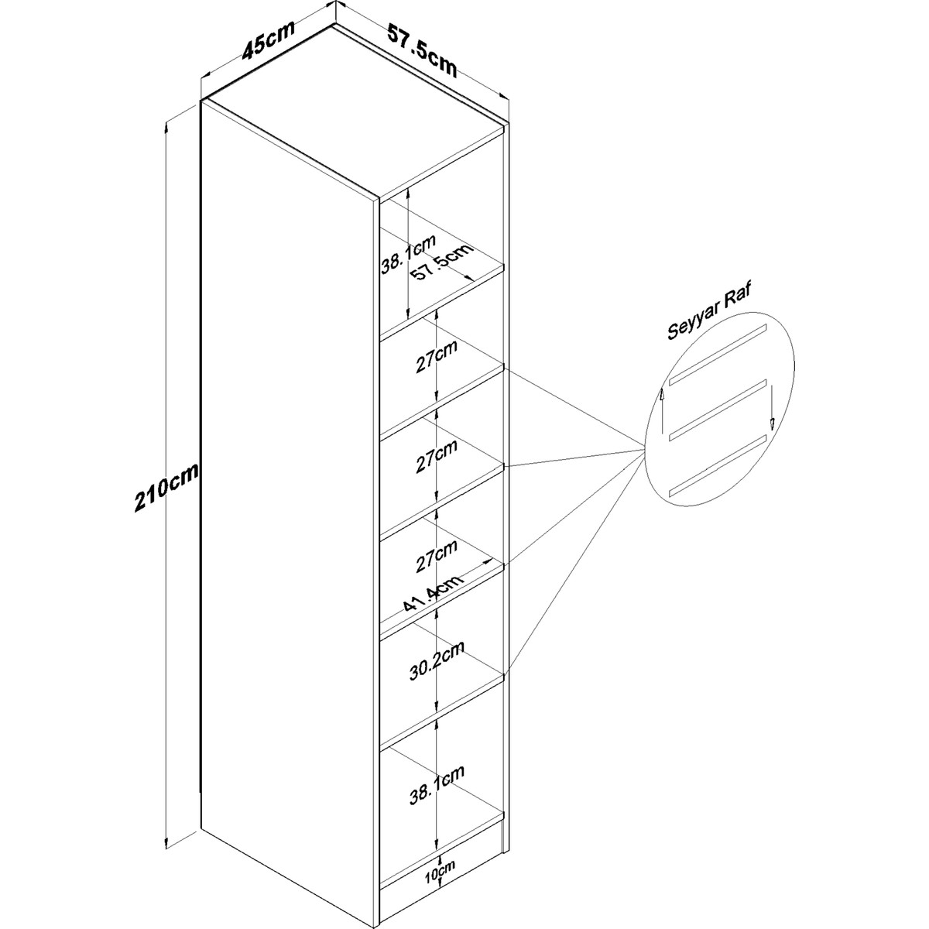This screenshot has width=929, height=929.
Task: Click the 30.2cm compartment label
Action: (x=437, y=660)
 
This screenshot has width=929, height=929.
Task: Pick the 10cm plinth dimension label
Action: (x=440, y=882)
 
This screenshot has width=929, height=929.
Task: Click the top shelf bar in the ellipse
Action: (x=718, y=351)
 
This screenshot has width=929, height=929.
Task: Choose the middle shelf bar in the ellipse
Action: (x=718, y=407)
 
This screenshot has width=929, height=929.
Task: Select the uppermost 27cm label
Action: (x=437, y=356)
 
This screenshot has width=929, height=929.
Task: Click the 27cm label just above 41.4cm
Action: (x=437, y=556)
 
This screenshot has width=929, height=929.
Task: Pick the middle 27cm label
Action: (x=437, y=455)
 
